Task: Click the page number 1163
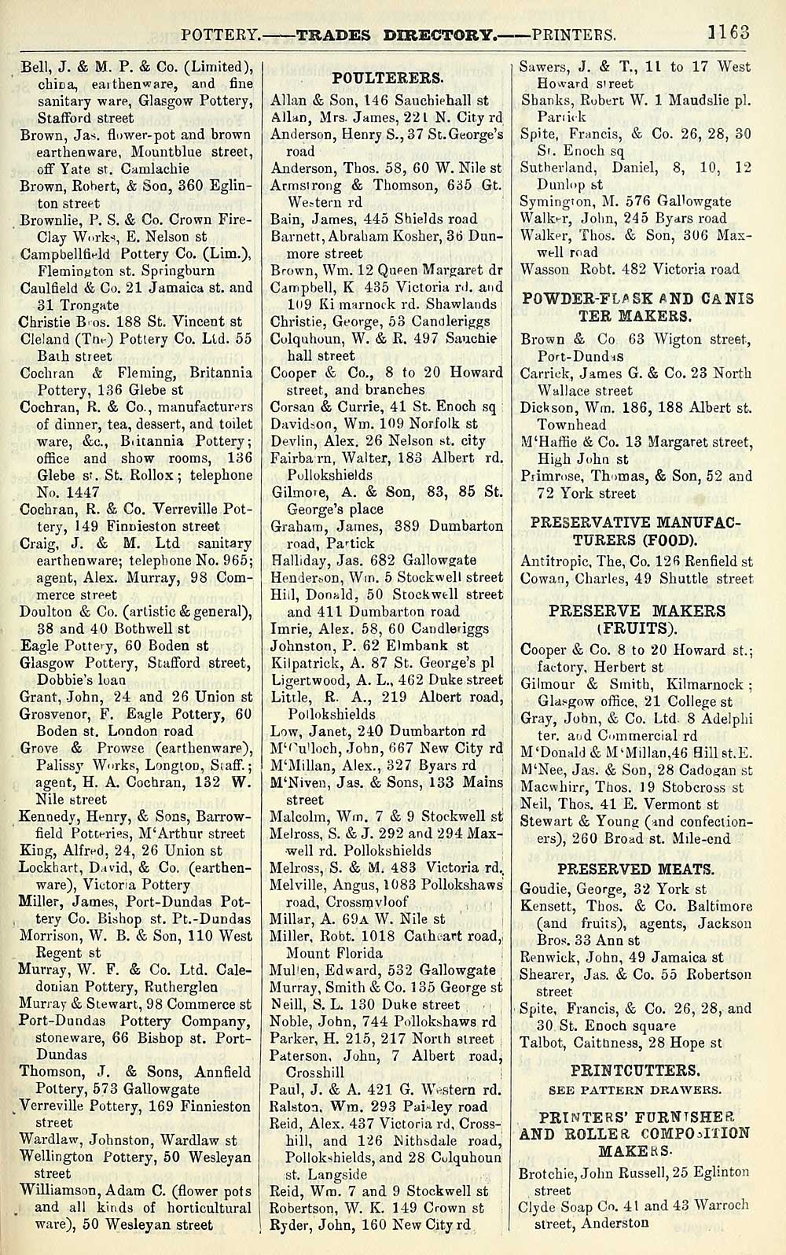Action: [x=729, y=33]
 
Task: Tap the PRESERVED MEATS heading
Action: [x=636, y=869]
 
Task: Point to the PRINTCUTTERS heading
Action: [x=634, y=1070]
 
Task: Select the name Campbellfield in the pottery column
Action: [x=72, y=254]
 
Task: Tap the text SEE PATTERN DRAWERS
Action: [x=635, y=1090]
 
